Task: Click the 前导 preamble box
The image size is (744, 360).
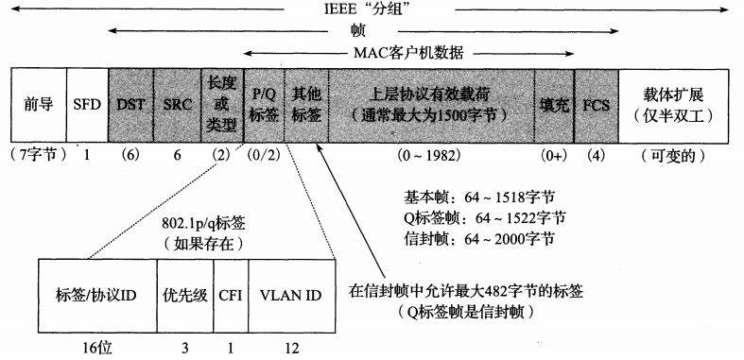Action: (x=39, y=105)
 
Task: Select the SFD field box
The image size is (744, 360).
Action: (x=86, y=105)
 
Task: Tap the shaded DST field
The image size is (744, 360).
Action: (x=130, y=105)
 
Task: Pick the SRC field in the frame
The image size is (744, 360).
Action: (x=176, y=105)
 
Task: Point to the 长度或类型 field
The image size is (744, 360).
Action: (x=220, y=105)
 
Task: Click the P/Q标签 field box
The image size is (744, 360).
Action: (x=263, y=105)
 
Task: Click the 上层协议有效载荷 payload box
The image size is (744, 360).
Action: (x=430, y=105)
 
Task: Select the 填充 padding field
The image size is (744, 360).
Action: (x=554, y=105)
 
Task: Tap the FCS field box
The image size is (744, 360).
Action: (x=597, y=105)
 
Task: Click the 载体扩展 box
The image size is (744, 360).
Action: (x=674, y=105)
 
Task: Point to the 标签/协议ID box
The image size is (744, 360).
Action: (x=96, y=296)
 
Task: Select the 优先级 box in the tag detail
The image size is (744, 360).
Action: (x=184, y=296)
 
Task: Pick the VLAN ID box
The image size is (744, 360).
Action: (x=290, y=296)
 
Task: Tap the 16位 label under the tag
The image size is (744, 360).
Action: (x=96, y=347)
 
